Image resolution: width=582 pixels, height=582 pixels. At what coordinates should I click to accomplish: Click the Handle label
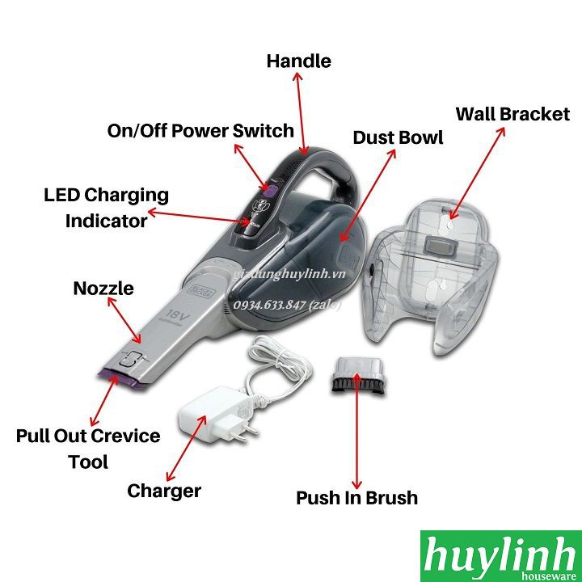298,61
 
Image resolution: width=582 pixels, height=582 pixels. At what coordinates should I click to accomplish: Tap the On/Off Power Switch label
200,130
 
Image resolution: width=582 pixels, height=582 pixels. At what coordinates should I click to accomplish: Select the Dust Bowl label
398,137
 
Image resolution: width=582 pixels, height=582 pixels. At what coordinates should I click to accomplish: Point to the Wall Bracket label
512,114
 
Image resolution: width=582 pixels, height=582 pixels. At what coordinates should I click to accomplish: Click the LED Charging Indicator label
106,207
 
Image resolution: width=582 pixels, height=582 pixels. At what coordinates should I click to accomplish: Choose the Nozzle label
103,289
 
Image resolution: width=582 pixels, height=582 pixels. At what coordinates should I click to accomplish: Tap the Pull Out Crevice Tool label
88,448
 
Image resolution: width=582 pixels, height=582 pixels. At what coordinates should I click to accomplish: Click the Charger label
164,490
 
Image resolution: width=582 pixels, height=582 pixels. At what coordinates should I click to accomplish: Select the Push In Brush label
356,497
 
